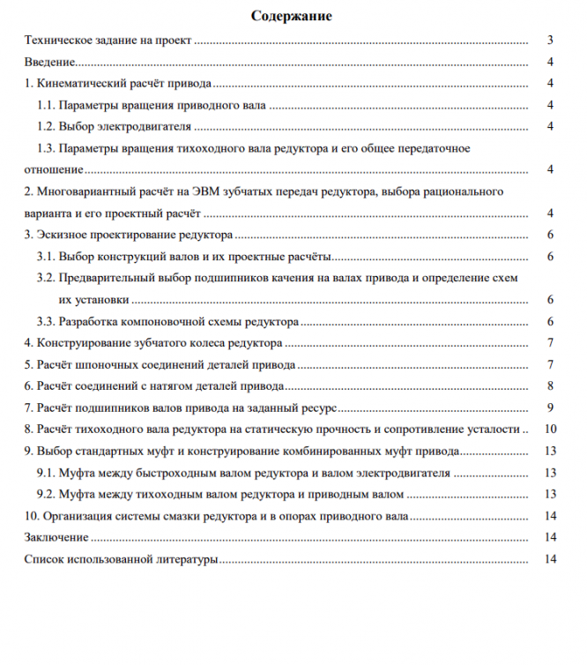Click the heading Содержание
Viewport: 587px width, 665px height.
point(292,16)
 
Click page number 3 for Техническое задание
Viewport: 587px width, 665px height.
point(550,41)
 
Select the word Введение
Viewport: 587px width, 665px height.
point(49,63)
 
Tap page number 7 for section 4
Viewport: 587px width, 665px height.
point(550,343)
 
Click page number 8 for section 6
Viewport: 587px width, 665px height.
point(550,386)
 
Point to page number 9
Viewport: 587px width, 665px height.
point(550,407)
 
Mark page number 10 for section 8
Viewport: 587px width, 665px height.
point(551,430)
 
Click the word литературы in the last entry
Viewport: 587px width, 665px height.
point(187,559)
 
